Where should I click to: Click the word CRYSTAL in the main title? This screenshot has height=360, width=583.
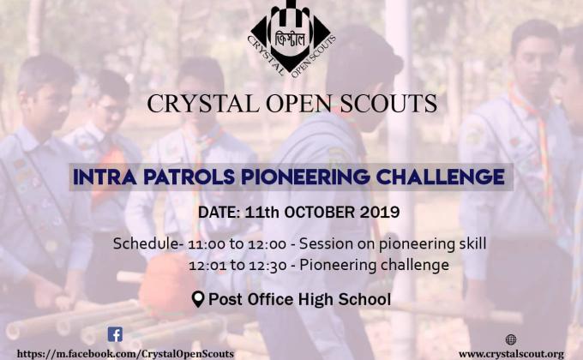[195, 104]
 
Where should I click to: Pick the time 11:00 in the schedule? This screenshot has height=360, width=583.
[201, 243]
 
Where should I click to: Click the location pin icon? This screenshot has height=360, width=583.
[198, 299]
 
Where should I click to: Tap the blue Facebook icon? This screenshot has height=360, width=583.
[115, 334]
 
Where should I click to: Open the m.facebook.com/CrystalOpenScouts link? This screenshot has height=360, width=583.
[125, 353]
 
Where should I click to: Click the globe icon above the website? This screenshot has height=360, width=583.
[511, 340]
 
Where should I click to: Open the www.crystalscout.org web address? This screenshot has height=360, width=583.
[511, 353]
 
